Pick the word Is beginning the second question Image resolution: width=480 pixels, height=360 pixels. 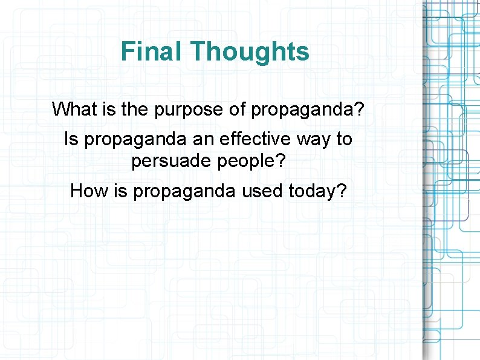click(71, 140)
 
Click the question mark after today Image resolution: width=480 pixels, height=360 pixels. click(342, 191)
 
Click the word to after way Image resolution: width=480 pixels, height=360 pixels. click(343, 140)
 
